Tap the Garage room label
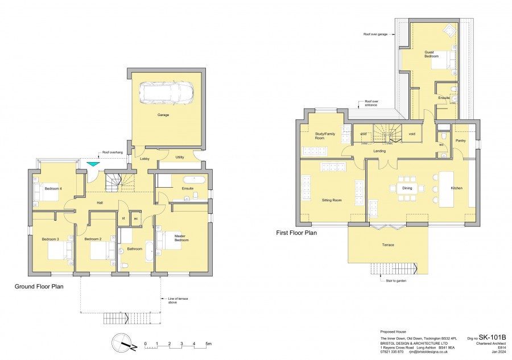[163, 115]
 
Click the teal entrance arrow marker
[92, 164]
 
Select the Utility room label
[180, 157]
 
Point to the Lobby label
[144, 159]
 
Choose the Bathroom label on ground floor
[135, 249]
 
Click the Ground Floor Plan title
[39, 287]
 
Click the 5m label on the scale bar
[208, 344]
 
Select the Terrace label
[388, 245]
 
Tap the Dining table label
[407, 188]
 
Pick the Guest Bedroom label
[431, 55]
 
